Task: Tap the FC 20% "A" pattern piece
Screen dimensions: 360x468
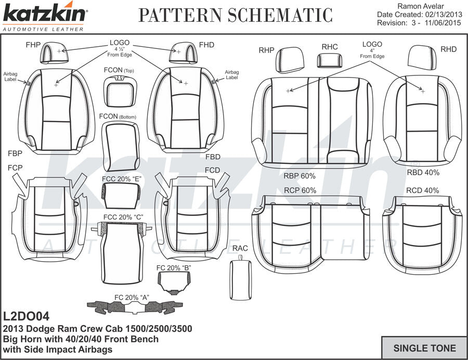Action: point(135,307)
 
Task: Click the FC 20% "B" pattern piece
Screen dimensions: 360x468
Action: point(174,281)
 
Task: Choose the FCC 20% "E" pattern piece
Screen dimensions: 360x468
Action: point(121,193)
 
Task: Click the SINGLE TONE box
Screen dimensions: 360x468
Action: point(424,348)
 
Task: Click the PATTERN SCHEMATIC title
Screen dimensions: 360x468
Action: point(235,16)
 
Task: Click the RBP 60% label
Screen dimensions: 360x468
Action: point(300,176)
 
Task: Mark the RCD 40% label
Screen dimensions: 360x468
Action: point(422,190)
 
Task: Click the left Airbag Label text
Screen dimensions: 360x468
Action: point(10,77)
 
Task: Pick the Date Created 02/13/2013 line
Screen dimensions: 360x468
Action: point(419,15)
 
